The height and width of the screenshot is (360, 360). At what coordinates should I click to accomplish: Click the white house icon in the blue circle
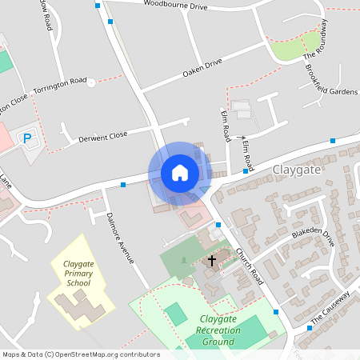(x=179, y=172)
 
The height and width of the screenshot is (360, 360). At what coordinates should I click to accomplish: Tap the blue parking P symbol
(x=27, y=138)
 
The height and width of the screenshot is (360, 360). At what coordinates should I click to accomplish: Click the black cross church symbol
(x=212, y=261)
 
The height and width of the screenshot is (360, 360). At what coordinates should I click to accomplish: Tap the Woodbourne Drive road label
(x=175, y=6)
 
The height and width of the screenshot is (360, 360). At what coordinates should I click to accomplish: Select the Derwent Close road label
(x=103, y=137)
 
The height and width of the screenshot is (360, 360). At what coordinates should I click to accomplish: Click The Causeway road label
(x=330, y=308)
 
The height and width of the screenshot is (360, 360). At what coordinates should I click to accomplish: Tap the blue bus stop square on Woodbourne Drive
(x=98, y=6)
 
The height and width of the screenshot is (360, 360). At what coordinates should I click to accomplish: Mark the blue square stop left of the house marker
(x=123, y=185)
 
